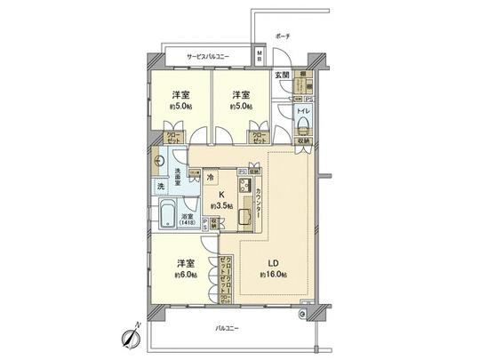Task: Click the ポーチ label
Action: point(283,37)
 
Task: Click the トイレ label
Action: point(303,111)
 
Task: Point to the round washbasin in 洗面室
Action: point(157,163)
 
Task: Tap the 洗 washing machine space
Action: point(161,187)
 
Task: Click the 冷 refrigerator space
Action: point(209,178)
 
